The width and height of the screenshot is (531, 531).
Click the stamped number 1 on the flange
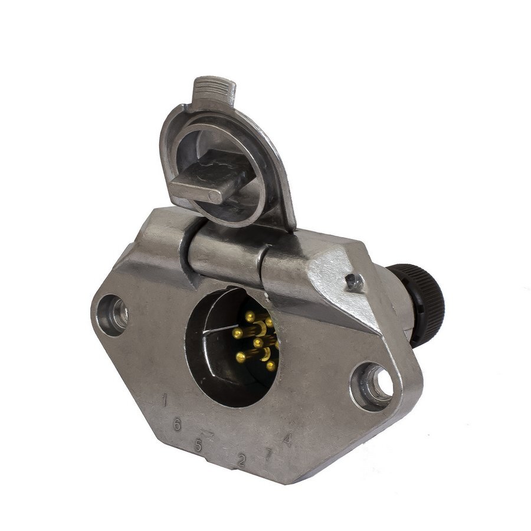(x=165, y=401)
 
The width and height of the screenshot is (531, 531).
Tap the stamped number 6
(x=176, y=424)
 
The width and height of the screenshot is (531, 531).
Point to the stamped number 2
(x=241, y=460)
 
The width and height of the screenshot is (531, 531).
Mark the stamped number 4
(x=287, y=439)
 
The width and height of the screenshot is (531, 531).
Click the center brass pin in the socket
(x=258, y=342)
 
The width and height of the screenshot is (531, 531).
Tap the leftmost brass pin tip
(x=237, y=334)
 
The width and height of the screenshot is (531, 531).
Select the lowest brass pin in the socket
(x=270, y=366)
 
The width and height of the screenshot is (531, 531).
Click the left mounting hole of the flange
(x=113, y=314)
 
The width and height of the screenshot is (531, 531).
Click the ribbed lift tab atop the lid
(x=215, y=90)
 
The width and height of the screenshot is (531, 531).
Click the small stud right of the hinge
(x=355, y=283)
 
